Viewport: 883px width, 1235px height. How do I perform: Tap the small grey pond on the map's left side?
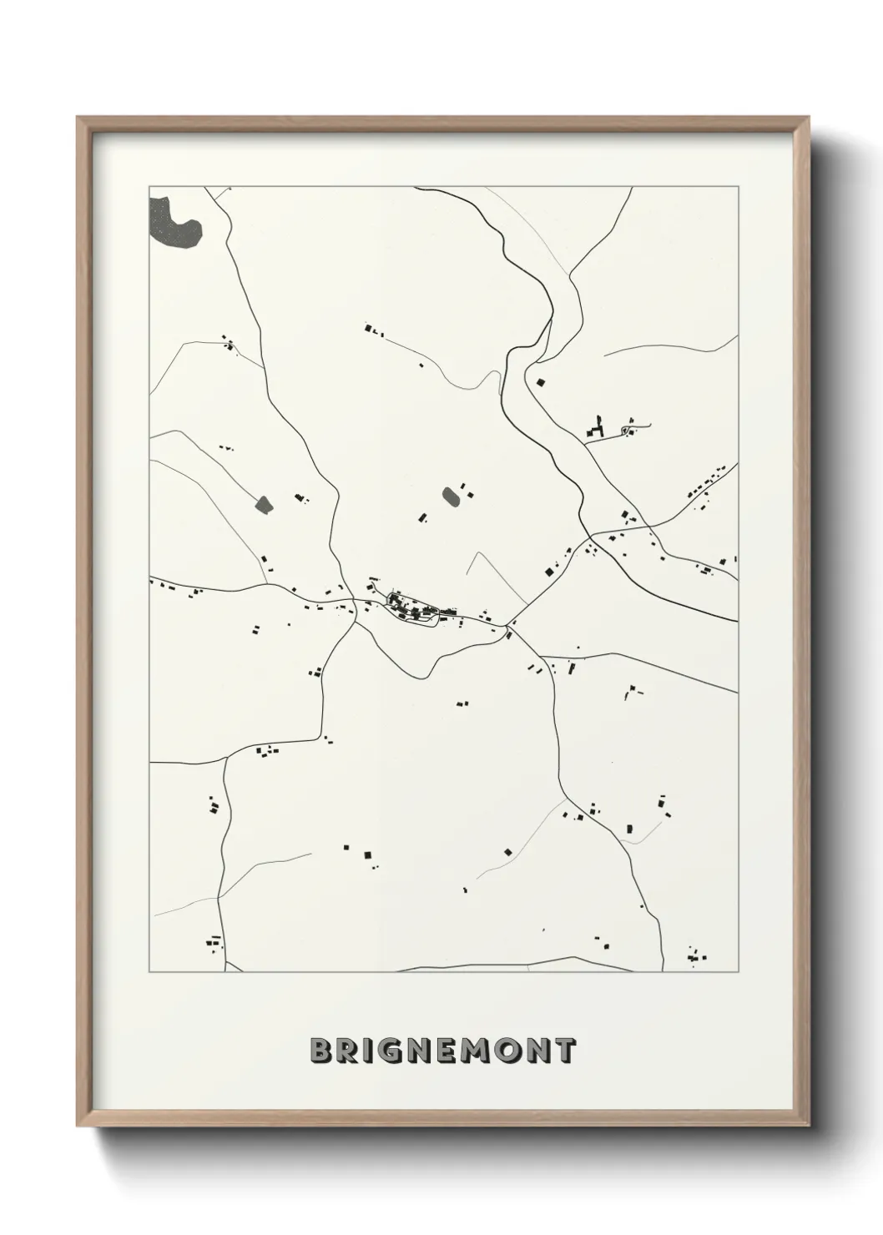tap(264, 504)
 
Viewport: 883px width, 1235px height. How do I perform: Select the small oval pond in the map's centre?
tap(451, 497)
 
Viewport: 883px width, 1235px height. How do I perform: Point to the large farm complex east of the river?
tap(597, 429)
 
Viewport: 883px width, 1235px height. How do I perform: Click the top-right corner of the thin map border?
tap(738, 186)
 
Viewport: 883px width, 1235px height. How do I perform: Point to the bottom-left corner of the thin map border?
tap(149, 972)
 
